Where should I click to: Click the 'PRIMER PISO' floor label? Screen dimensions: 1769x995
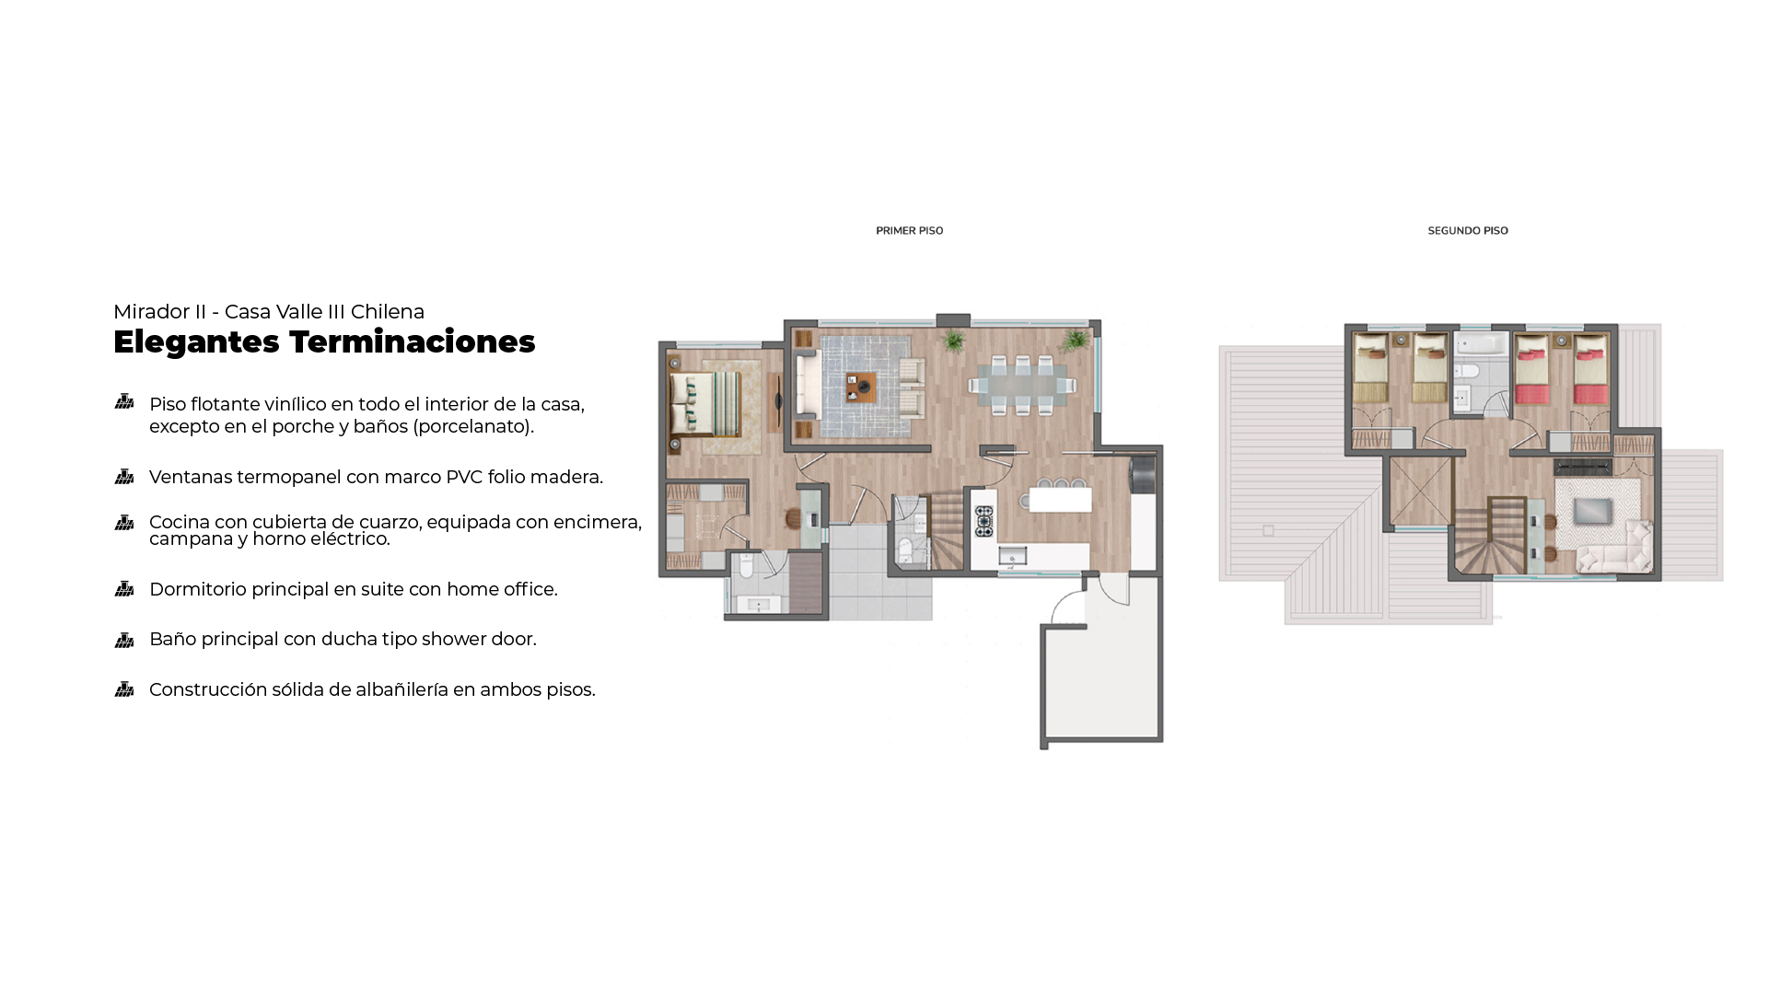pos(909,231)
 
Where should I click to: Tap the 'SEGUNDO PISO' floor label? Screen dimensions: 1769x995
pos(1468,231)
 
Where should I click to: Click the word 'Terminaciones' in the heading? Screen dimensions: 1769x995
pos(412,341)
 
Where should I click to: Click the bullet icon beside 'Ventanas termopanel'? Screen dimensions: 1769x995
pos(124,477)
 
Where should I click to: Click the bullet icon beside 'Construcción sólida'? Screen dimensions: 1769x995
pos(124,689)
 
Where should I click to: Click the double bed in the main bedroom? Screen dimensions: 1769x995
pos(704,403)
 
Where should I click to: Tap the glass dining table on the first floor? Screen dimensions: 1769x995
pos(1021,384)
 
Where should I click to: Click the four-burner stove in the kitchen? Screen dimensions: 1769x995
pos(984,521)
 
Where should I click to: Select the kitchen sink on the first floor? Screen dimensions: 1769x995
pos(1013,556)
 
